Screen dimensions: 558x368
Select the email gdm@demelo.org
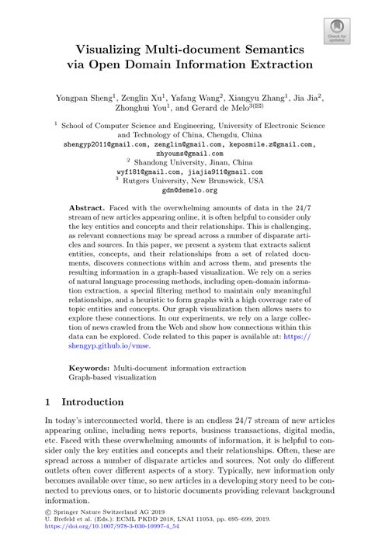click(x=184, y=189)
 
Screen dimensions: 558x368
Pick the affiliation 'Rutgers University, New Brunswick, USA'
click(x=189, y=180)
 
